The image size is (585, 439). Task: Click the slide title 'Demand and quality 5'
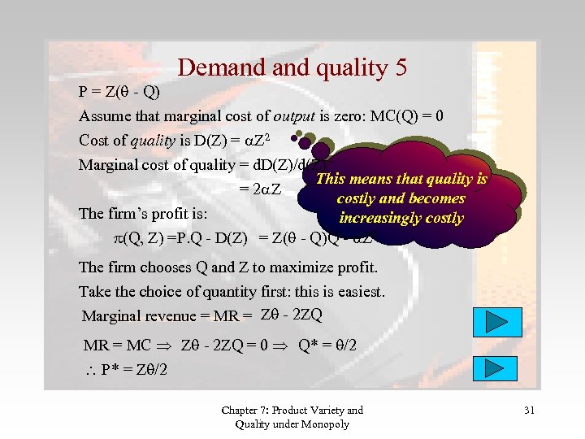coord(292,67)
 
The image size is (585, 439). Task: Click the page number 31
coord(529,411)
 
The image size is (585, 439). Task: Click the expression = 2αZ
coord(260,189)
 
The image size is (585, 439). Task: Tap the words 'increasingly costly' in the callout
coord(401,218)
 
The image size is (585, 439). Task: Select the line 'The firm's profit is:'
coord(144,215)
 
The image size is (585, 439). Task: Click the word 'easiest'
coord(356,291)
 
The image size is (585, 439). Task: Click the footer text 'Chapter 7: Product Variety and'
coord(292,411)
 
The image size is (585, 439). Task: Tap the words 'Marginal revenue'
coord(135,316)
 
